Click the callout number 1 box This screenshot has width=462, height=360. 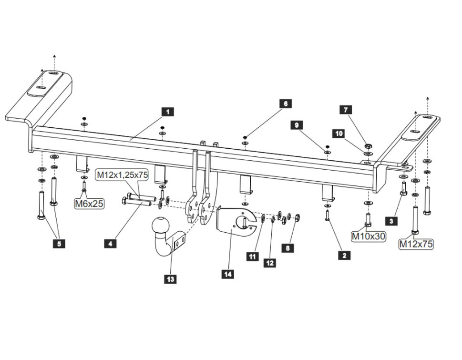coord(167,112)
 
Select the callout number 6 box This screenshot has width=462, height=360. coord(286,103)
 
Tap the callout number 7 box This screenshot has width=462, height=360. coord(346,110)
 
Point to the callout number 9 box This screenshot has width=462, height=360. coord(297,125)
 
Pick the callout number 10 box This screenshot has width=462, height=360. coord(339,134)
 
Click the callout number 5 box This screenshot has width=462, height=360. coord(59,244)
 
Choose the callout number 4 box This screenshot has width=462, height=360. coord(110,244)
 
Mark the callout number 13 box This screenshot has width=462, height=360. coord(170,279)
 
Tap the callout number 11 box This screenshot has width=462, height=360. coord(252,257)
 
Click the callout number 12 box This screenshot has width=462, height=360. coord(270,263)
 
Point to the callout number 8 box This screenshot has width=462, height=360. coord(287,248)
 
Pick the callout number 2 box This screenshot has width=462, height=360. coord(344,255)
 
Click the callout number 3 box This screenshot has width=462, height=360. coord(391,221)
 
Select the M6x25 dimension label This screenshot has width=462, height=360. coord(89,204)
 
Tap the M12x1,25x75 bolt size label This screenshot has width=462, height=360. coord(123,175)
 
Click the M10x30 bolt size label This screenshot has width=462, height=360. coord(369,236)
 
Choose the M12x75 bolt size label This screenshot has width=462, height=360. coord(416,244)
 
